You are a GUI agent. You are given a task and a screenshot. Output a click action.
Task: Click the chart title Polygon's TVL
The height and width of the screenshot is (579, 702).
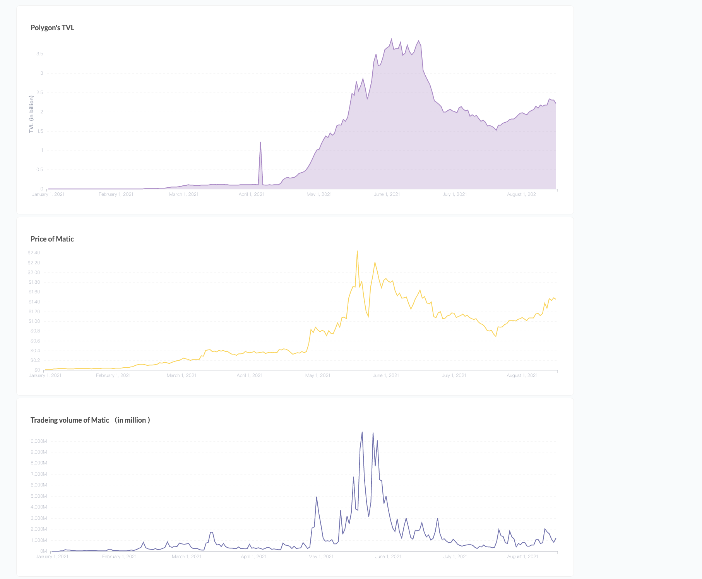coord(52,28)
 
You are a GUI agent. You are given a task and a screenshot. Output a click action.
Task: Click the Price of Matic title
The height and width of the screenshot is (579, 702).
coord(52,239)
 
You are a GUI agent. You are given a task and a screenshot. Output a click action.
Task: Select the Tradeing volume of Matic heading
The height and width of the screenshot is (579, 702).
coord(70,420)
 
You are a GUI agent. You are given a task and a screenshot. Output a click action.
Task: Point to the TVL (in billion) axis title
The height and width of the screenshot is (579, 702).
coord(31,114)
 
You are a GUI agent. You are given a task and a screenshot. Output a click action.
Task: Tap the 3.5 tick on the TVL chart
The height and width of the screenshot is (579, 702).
coord(39,54)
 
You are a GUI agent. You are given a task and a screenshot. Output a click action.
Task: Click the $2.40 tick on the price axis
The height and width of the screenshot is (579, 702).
coord(34,253)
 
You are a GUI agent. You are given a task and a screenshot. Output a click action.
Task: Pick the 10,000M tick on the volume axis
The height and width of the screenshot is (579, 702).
coord(38,441)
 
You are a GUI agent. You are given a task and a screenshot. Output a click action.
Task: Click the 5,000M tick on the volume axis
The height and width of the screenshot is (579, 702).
coord(38,496)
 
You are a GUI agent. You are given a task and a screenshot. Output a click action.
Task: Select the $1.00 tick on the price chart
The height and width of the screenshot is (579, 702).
coord(34,321)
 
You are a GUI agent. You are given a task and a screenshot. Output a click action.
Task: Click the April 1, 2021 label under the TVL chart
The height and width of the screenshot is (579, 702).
coord(252,194)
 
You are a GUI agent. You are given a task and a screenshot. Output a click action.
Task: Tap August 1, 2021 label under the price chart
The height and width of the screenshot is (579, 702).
coord(522,375)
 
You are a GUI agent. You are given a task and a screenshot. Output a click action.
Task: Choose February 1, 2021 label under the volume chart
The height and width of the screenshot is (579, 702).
coord(119,557)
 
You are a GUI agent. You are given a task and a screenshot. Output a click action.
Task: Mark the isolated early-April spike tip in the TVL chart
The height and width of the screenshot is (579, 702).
coord(260,142)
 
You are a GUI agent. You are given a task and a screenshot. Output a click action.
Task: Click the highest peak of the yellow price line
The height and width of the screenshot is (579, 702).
coord(357,251)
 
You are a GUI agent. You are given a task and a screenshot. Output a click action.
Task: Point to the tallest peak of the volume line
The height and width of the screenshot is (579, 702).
coord(362,432)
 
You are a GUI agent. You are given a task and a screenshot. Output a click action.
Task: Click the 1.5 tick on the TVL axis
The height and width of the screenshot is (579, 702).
coord(40,131)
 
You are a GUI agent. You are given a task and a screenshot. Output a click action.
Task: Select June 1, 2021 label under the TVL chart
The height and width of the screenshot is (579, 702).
coord(387,194)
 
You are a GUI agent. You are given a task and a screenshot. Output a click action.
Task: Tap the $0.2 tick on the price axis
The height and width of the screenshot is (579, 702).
coord(35,360)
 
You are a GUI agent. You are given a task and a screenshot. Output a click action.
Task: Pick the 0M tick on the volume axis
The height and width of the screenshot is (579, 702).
coord(43,551)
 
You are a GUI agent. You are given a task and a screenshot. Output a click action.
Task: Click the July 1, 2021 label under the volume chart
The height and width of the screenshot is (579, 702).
coord(455,557)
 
